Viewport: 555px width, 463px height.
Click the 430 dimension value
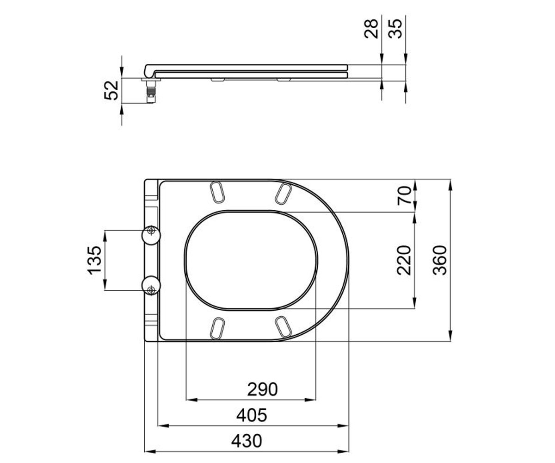click(247, 441)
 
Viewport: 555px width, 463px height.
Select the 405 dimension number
click(252, 415)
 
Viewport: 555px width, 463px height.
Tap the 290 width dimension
click(262, 389)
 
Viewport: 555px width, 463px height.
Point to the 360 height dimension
click(440, 260)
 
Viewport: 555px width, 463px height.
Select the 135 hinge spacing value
click(94, 260)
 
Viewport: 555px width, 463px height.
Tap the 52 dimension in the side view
click(111, 90)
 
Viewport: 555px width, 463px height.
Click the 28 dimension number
click(371, 29)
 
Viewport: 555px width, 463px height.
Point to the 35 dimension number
click(395, 29)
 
